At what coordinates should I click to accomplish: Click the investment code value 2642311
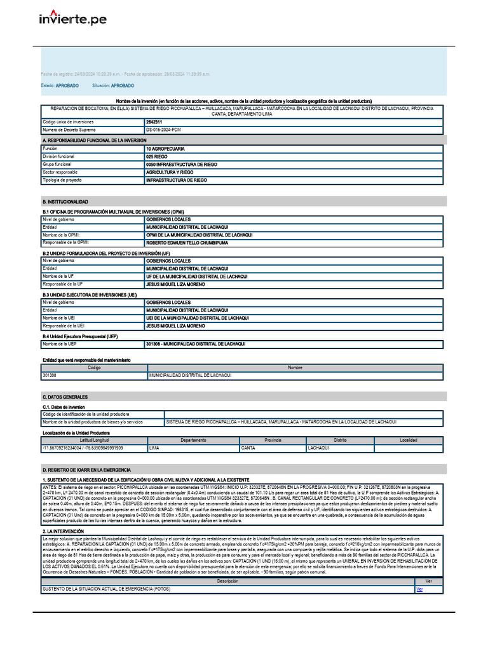154,121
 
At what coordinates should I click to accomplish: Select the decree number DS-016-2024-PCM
163,129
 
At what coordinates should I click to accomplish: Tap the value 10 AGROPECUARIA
165,148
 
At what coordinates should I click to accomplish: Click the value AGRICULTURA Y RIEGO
170,172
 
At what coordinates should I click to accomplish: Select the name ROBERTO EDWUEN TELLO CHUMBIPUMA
187,243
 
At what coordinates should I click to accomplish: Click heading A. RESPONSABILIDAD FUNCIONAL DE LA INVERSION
94,140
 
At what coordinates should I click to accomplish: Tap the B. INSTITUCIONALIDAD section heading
65,201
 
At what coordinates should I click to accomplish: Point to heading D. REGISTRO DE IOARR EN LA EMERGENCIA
86,470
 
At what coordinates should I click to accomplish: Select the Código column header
94,367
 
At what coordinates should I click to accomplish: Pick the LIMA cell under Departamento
154,448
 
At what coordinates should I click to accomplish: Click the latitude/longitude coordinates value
83,448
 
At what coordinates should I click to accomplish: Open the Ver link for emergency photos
419,589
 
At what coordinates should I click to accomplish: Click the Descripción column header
227,581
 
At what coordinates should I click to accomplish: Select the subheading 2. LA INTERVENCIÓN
63,530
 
